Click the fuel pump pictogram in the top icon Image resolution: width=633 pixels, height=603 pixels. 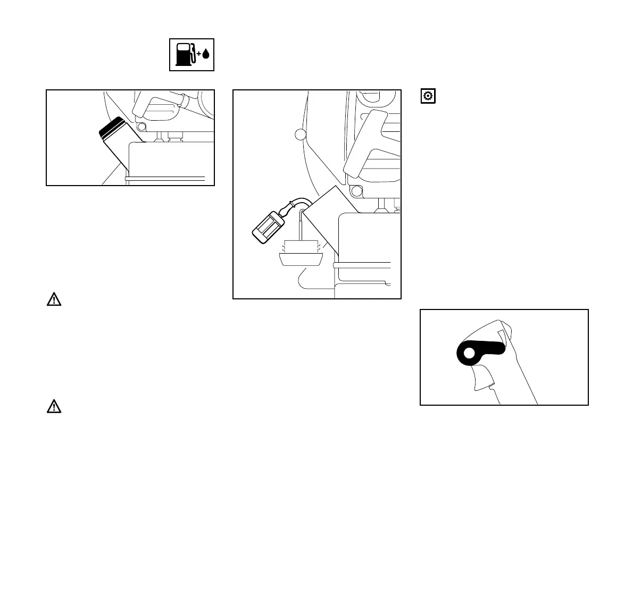click(184, 54)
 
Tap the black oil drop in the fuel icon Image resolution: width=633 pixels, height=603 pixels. click(206, 54)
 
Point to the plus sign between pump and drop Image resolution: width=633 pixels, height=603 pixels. click(199, 54)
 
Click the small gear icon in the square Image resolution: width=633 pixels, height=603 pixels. click(428, 96)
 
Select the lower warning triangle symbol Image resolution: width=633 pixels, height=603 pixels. click(54, 407)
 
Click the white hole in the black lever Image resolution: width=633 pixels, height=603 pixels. click(468, 353)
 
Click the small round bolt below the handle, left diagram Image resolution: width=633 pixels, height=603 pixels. click(141, 128)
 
